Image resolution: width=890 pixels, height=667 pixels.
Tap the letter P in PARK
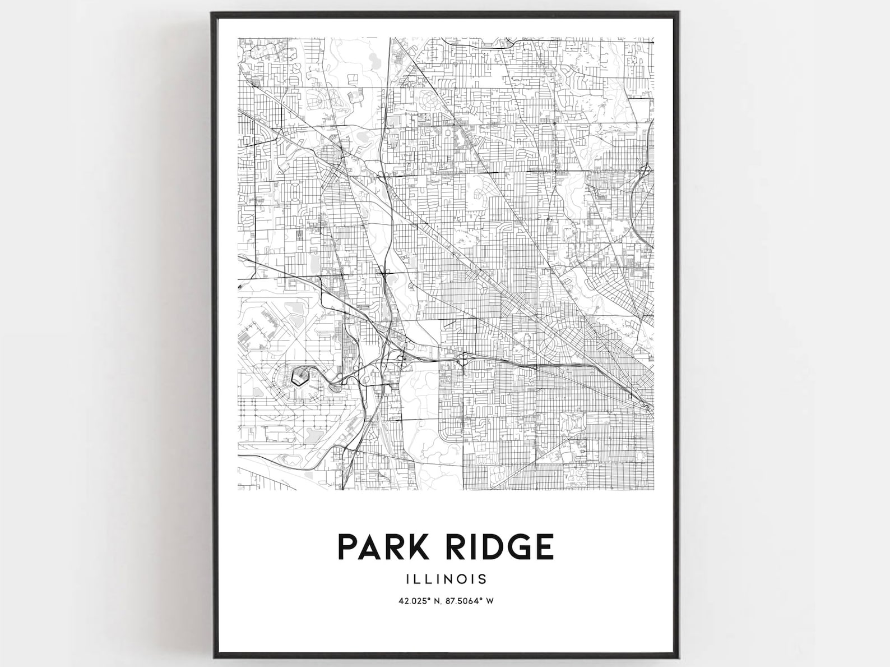coord(347,547)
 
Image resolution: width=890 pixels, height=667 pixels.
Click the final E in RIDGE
coord(544,547)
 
